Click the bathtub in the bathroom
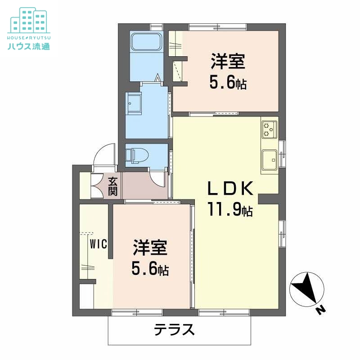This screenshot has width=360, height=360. (146, 43)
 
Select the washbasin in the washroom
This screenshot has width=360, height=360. (134, 104)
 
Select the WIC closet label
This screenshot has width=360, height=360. (98, 244)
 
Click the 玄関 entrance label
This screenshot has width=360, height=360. (113, 186)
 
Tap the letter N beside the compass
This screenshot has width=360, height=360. (320, 310)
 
